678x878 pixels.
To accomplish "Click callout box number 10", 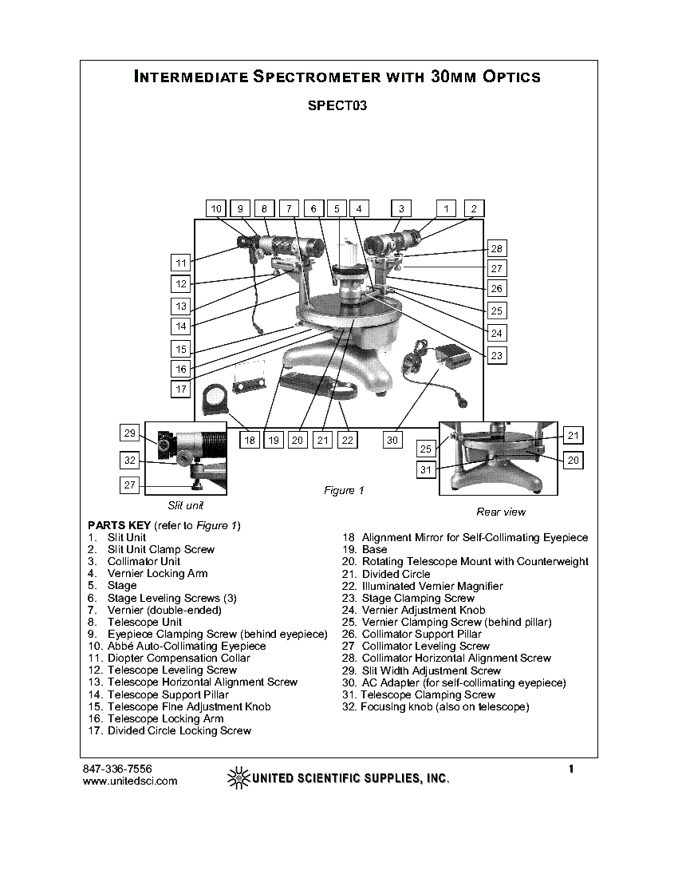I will (x=216, y=208).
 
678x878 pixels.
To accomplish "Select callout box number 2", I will (x=473, y=208).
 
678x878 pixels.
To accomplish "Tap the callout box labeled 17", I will (x=182, y=389).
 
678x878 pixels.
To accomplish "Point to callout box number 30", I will (x=392, y=440).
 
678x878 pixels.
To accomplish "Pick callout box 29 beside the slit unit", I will (x=130, y=433).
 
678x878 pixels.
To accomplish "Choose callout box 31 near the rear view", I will (x=426, y=469).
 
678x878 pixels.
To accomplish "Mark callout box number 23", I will (x=497, y=355).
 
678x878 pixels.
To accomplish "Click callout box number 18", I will (x=250, y=440).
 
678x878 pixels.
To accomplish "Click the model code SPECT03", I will (x=337, y=105).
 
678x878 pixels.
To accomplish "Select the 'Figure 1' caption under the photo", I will (x=344, y=490).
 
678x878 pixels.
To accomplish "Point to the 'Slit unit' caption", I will (x=186, y=505).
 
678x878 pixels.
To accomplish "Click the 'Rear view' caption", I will (x=501, y=512).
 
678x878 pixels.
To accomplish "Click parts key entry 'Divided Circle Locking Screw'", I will (x=179, y=730).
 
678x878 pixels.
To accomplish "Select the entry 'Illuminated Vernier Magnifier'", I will (x=432, y=586).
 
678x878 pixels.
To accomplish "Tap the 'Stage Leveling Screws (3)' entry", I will (x=171, y=598).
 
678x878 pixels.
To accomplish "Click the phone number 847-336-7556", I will (x=117, y=769).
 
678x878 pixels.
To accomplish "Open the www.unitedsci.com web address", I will (x=130, y=781).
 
